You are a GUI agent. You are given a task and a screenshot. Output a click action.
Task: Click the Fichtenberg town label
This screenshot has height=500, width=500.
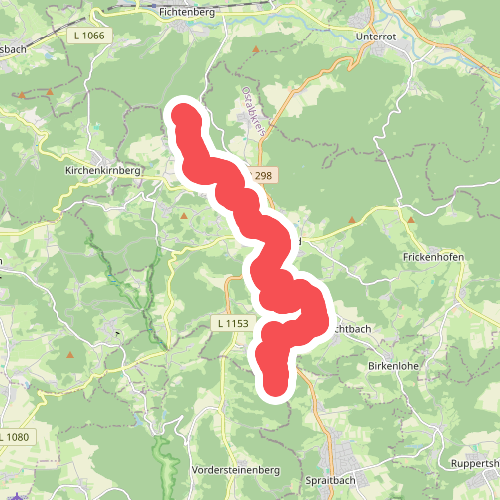pyautogui.click(x=182, y=12)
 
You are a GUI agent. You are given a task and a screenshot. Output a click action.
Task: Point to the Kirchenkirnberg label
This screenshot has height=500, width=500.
pyautogui.click(x=103, y=171)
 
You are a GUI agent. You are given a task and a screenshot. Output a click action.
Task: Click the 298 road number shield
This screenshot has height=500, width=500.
pyautogui.click(x=262, y=176)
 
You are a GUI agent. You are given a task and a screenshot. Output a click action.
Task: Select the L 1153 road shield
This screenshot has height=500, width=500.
pyautogui.click(x=231, y=324)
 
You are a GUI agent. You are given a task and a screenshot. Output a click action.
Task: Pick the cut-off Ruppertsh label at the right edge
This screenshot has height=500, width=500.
pyautogui.click(x=476, y=464)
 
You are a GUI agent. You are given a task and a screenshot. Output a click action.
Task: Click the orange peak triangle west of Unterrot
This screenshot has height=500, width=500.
pyautogui.click(x=255, y=49)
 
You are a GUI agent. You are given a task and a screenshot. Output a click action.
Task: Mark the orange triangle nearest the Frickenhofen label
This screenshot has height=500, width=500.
pyautogui.click(x=408, y=218)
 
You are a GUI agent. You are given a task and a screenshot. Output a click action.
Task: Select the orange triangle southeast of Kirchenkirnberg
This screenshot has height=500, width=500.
pyautogui.click(x=184, y=214)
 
